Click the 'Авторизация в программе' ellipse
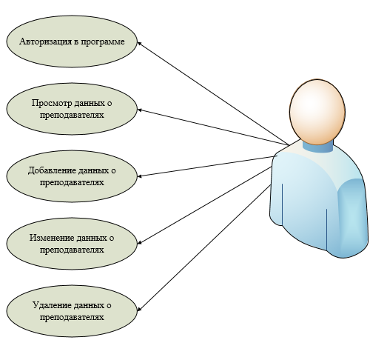(72, 41)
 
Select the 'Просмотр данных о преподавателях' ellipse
(72, 109)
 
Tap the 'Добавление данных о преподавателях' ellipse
(72, 176)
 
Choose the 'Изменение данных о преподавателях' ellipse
(72, 244)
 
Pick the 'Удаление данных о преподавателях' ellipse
(72, 311)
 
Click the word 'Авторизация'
(46, 41)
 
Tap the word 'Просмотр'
(52, 103)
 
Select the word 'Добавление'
(52, 170)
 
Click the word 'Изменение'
(52, 238)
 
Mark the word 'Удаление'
(52, 305)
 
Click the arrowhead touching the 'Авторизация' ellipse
(139, 43)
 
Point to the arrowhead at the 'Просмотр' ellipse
(139, 110)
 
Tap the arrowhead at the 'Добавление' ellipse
(139, 176)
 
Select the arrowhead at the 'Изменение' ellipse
(139, 242)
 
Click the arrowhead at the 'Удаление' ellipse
(139, 309)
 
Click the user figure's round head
(317, 112)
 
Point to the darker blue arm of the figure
(352, 218)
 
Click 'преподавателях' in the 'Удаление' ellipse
(72, 317)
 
